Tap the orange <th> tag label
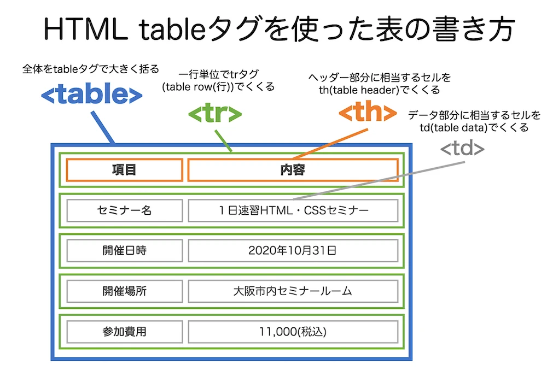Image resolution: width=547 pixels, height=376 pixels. coord(367,113)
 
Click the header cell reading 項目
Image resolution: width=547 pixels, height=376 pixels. coord(124,169)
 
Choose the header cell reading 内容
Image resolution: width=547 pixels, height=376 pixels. coord(293,169)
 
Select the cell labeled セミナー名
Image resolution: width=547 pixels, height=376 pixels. coord(124,210)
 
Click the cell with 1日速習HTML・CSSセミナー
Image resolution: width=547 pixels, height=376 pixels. coord(293,210)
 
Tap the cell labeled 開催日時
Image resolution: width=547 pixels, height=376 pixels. coord(124,251)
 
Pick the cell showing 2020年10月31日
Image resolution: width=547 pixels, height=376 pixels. coord(293,251)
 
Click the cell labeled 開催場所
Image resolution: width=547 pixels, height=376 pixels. coord(124,291)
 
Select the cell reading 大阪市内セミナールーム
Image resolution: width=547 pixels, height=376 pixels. coord(293,291)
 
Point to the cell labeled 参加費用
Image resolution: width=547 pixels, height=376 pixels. coord(124,331)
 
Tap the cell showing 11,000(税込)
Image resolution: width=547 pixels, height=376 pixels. coord(293,331)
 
